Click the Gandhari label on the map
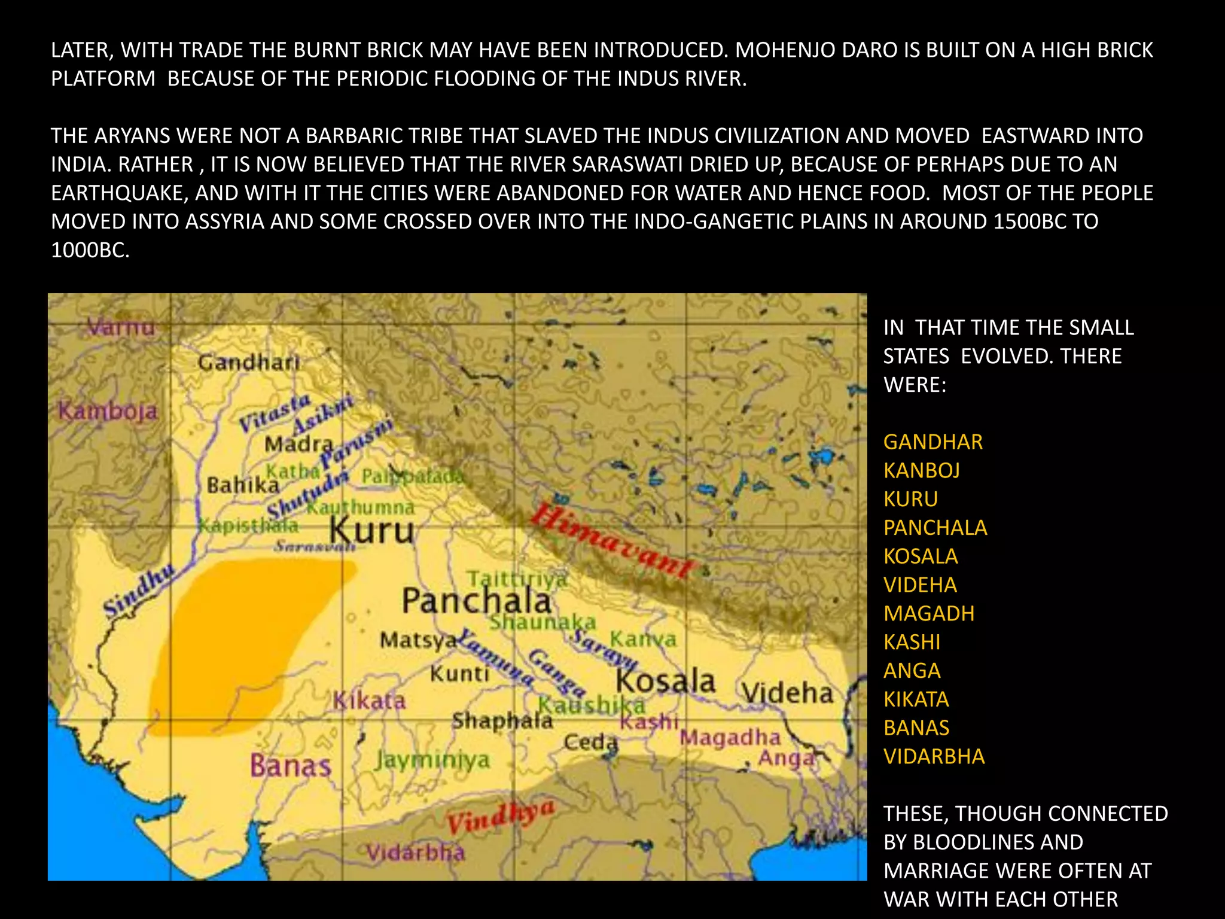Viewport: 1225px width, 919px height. tap(248, 362)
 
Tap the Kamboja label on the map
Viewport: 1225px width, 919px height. tap(108, 411)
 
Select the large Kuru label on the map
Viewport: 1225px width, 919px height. tap(372, 531)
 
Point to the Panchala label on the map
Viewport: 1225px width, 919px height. tap(476, 600)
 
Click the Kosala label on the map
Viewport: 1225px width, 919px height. tap(665, 681)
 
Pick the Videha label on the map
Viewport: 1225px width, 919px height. tap(788, 693)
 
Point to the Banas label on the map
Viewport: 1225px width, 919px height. tap(290, 765)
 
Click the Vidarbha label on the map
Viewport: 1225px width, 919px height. tap(415, 852)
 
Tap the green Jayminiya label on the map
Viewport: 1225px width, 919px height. tap(432, 760)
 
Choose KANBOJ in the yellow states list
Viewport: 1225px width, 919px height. tap(921, 471)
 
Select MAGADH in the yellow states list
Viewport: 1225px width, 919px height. tap(929, 614)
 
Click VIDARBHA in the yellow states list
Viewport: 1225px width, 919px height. tap(934, 757)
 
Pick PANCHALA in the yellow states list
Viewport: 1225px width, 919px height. tap(935, 528)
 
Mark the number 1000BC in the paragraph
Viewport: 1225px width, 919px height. tap(90, 250)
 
